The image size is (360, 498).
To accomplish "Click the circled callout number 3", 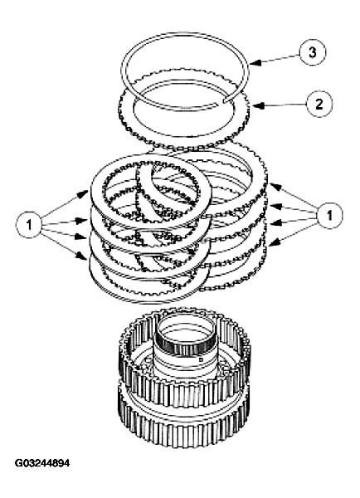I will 312,53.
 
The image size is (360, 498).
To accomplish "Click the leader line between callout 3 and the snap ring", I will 278,58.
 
